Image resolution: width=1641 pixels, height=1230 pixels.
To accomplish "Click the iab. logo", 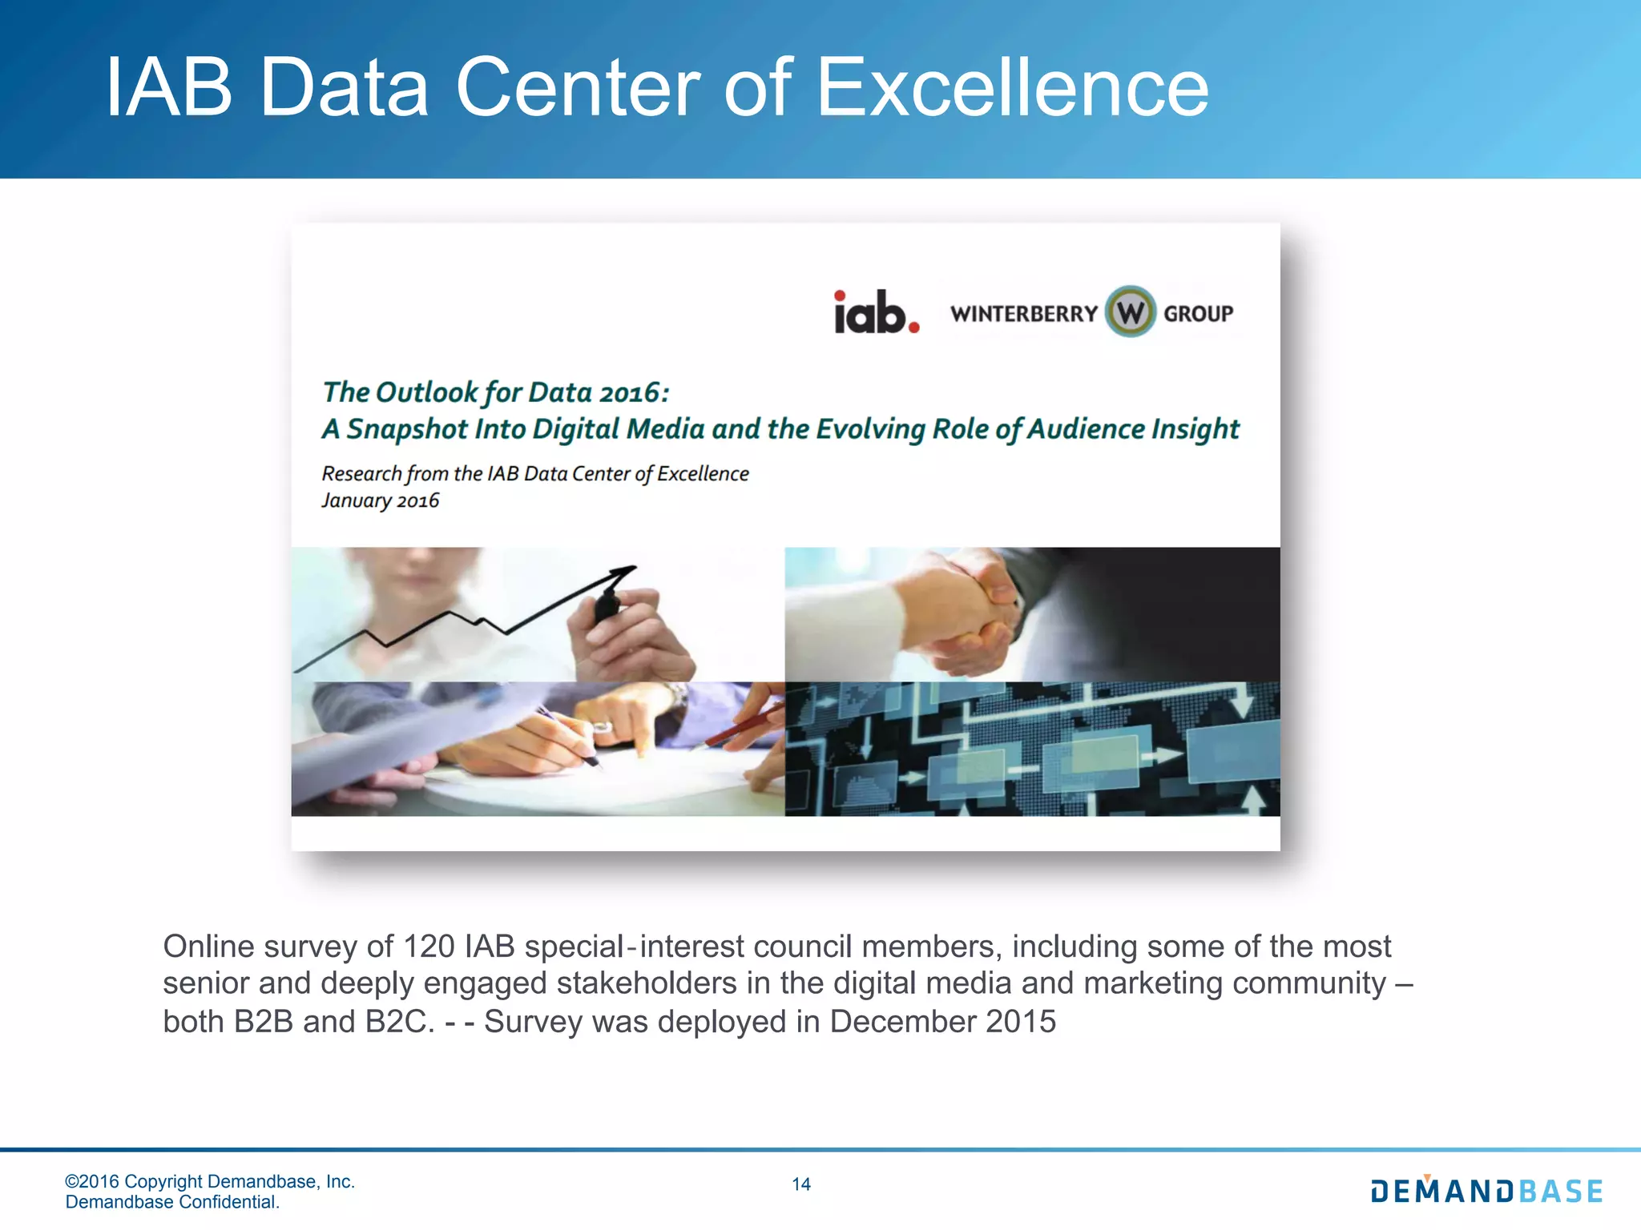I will tap(877, 312).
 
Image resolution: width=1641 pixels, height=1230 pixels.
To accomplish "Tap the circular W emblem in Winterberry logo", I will tap(1130, 312).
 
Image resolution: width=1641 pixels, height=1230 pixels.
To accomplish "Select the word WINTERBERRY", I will tap(1023, 313).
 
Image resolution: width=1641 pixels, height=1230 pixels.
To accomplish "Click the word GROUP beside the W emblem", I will tap(1198, 313).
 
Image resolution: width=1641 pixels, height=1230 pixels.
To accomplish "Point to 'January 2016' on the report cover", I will tap(380, 500).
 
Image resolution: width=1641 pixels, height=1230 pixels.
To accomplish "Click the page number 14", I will tap(800, 1184).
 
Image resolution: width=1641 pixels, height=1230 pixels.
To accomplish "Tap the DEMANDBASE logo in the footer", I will tap(1486, 1191).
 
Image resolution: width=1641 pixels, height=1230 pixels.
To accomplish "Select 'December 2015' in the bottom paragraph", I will tap(942, 1022).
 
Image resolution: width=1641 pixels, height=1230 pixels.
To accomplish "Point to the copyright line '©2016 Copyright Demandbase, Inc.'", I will tap(210, 1181).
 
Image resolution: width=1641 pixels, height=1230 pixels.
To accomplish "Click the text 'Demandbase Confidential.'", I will tap(172, 1202).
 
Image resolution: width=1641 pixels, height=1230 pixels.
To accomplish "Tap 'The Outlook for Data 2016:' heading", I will tap(495, 392).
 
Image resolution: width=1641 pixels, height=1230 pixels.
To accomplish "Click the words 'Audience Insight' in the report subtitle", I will tap(1133, 429).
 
